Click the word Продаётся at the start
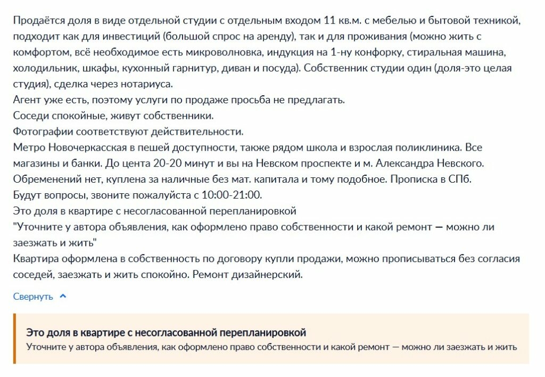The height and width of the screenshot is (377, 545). (x=35, y=21)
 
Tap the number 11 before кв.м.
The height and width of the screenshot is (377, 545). (x=329, y=21)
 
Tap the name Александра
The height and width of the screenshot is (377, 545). (x=411, y=163)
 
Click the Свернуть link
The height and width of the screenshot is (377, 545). (x=33, y=297)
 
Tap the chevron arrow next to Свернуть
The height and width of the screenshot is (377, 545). (x=63, y=296)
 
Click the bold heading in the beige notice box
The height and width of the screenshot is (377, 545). (x=166, y=333)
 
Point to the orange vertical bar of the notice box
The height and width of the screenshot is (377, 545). (x=15, y=339)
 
